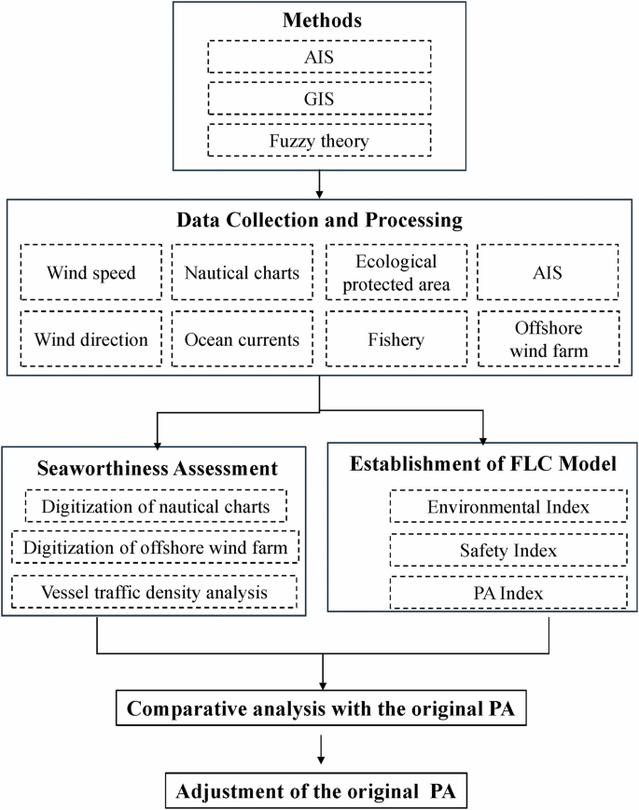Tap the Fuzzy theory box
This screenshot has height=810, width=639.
click(x=320, y=140)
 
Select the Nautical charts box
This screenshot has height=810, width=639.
click(x=242, y=274)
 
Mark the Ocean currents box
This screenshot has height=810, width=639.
click(x=242, y=339)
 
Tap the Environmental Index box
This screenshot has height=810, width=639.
click(x=483, y=508)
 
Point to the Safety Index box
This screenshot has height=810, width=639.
click(x=483, y=551)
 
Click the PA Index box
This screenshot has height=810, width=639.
click(x=483, y=593)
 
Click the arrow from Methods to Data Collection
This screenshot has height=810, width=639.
click(x=320, y=184)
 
